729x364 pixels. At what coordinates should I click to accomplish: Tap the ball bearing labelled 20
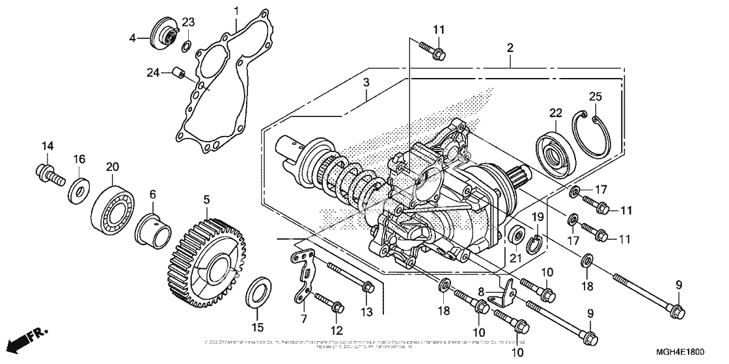112,203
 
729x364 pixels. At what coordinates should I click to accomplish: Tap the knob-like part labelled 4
160,33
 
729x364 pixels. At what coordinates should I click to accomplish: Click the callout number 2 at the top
510,47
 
